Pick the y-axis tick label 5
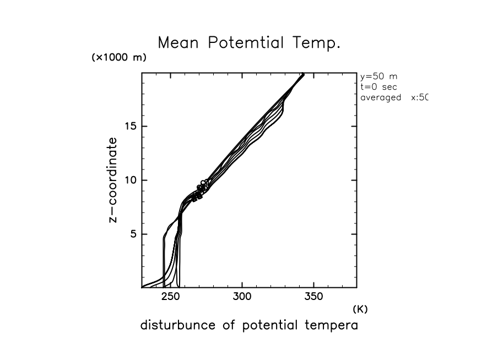132,234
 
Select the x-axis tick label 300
242,297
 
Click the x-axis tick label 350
313,297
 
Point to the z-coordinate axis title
113,180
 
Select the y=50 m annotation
378,77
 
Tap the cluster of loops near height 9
201,189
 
